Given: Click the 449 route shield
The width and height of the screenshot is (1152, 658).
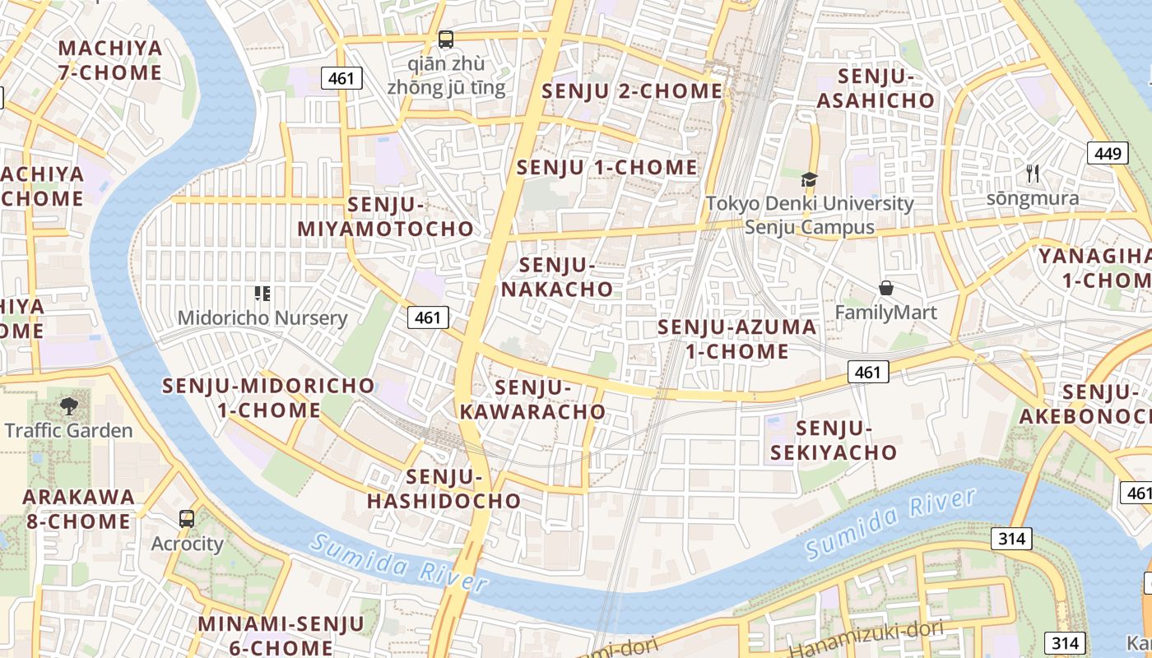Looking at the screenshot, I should pyautogui.click(x=1108, y=152).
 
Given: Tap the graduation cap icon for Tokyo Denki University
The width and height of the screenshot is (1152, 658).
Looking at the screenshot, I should pyautogui.click(x=809, y=179).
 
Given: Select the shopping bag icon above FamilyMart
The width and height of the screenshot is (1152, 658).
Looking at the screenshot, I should pyautogui.click(x=885, y=288).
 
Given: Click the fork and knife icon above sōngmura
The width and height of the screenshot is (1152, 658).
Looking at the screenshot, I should pyautogui.click(x=1033, y=174).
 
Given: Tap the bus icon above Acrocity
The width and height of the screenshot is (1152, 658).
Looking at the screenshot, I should pyautogui.click(x=187, y=519).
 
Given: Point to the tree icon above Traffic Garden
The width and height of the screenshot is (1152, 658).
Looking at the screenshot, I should pyautogui.click(x=68, y=405).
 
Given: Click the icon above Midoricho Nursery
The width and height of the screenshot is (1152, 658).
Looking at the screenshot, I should pyautogui.click(x=262, y=293).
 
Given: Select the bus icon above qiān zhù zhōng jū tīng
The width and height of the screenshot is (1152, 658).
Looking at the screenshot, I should pyautogui.click(x=445, y=39).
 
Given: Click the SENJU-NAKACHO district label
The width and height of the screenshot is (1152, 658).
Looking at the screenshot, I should pyautogui.click(x=557, y=277).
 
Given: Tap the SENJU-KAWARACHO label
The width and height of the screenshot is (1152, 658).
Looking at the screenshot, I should pyautogui.click(x=532, y=399).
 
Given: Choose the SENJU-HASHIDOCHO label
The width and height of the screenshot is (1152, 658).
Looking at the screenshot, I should pyautogui.click(x=444, y=489).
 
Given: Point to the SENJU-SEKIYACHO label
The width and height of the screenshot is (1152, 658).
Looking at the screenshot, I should pyautogui.click(x=834, y=440).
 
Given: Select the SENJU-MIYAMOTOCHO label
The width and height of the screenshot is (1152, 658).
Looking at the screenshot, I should pyautogui.click(x=385, y=217).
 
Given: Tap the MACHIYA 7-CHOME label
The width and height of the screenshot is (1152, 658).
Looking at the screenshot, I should pyautogui.click(x=110, y=60).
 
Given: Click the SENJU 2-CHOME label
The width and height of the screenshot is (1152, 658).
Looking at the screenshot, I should pyautogui.click(x=631, y=91).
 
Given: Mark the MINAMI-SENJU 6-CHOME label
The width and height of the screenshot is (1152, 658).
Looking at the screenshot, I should pyautogui.click(x=280, y=635).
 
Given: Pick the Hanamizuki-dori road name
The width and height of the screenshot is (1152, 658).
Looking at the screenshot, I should pyautogui.click(x=864, y=642).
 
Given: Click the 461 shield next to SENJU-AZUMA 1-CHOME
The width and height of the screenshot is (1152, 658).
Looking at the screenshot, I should pyautogui.click(x=868, y=373).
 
